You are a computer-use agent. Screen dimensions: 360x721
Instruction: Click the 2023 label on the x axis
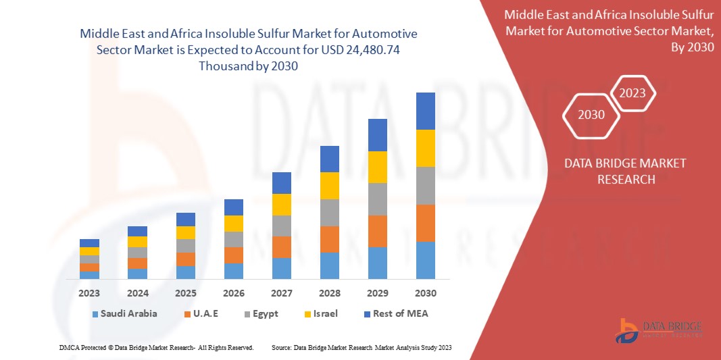click(89, 293)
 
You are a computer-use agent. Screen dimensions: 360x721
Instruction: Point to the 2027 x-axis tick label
click(281, 293)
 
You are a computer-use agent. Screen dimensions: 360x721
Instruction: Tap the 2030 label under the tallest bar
click(425, 293)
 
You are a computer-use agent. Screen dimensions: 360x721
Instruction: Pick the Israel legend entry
click(325, 313)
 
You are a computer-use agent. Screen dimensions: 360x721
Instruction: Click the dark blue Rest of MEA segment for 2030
click(425, 111)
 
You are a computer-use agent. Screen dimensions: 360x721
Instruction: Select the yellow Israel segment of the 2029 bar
click(377, 167)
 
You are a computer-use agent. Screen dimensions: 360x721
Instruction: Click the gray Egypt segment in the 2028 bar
click(329, 212)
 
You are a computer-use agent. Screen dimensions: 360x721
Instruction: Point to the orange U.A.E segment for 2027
click(281, 247)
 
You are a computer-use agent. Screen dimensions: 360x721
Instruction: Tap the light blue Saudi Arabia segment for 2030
click(425, 260)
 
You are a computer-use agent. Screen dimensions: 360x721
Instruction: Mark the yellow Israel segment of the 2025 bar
click(185, 232)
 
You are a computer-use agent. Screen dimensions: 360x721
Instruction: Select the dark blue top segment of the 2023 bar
click(89, 242)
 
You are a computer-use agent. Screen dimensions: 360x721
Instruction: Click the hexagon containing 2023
click(633, 93)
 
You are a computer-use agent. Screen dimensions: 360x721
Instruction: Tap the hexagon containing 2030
click(591, 115)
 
